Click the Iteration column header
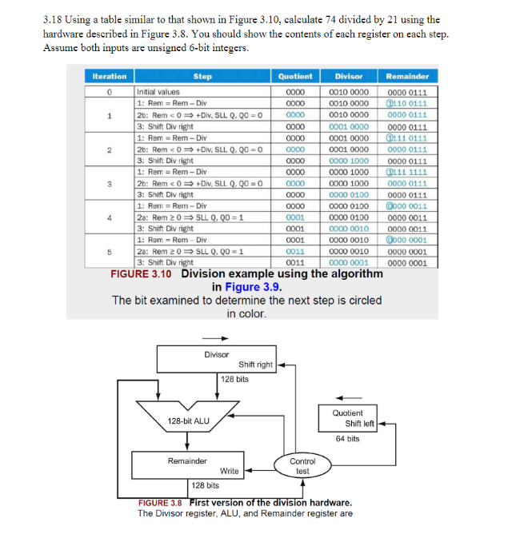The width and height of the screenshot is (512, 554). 110,77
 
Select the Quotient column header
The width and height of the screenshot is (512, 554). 295,77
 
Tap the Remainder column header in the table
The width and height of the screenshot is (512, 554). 407,77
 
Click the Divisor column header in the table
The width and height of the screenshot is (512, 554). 349,77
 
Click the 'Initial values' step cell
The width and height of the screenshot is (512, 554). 158,93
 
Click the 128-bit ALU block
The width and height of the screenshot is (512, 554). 189,420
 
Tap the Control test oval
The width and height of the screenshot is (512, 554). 302,466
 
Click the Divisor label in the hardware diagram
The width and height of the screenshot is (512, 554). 216,354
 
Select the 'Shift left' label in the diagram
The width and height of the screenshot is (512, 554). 359,424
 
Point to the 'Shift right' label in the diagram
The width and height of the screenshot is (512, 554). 255,365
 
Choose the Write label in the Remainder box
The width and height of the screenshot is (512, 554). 229,471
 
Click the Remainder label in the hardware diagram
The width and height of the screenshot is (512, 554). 187,461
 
